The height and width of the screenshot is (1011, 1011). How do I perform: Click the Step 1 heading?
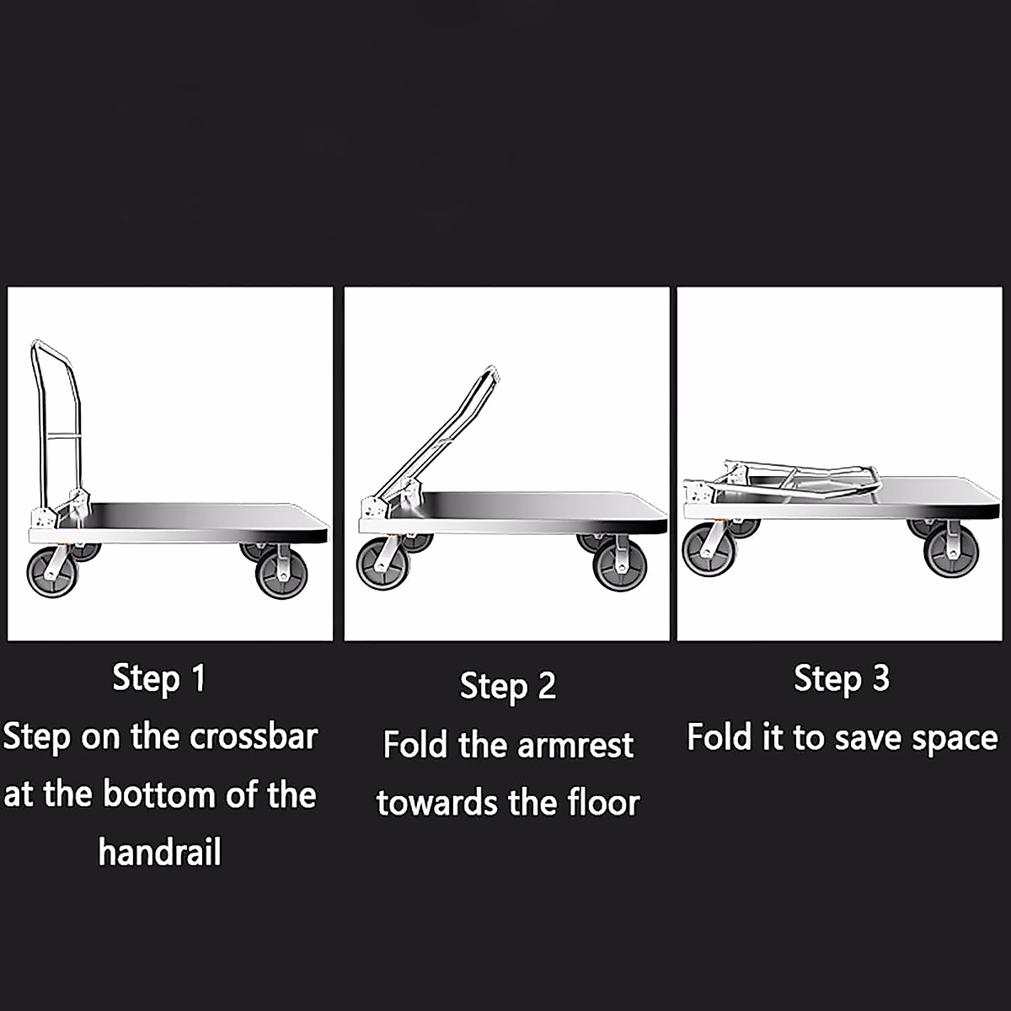click(x=159, y=678)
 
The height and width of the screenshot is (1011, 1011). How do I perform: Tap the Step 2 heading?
click(x=508, y=686)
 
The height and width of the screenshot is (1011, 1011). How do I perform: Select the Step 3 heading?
click(x=842, y=678)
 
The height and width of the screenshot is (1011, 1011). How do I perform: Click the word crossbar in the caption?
click(x=253, y=737)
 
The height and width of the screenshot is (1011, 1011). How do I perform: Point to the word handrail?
click(x=159, y=853)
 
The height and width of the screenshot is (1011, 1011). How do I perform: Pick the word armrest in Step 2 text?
click(x=575, y=746)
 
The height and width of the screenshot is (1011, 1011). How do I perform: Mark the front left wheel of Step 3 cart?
click(x=707, y=552)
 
